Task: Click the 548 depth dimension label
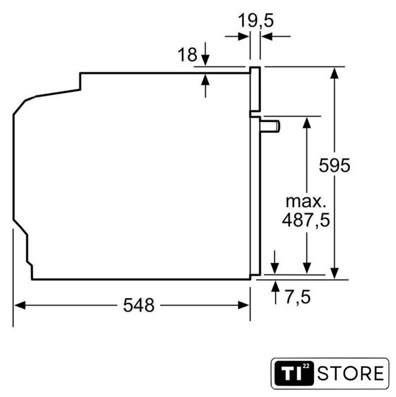(139, 305)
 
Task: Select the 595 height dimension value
(334, 166)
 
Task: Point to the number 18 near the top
(188, 54)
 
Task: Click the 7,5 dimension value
(298, 297)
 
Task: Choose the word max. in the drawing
(306, 201)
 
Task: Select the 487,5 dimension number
(306, 220)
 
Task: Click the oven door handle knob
(270, 126)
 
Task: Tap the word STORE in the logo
(351, 373)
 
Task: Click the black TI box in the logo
(294, 373)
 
